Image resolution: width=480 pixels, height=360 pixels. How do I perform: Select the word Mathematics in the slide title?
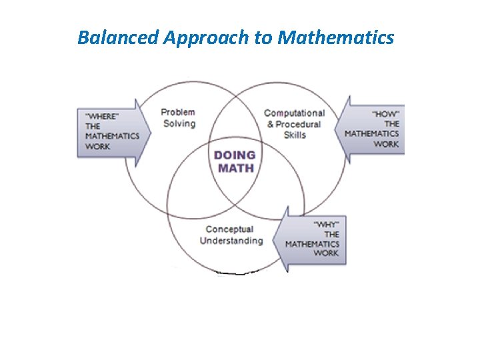[335, 37]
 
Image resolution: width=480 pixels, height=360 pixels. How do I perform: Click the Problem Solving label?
[178, 118]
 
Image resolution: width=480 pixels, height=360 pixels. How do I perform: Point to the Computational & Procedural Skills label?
[294, 124]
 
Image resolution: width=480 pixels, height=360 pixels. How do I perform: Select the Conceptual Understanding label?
[231, 235]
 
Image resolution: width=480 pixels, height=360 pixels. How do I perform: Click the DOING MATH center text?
[235, 161]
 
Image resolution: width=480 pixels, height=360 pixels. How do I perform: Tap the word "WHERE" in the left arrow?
[104, 116]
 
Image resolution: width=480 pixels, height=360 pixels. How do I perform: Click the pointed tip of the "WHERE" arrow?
[151, 131]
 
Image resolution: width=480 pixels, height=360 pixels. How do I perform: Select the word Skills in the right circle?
[294, 135]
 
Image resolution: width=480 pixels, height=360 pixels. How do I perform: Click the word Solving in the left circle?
[178, 123]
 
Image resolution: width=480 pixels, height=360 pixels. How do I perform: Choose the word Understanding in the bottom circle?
[231, 241]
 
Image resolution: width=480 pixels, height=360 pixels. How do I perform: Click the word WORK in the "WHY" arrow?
[326, 253]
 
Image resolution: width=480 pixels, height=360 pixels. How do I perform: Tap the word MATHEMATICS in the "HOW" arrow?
[371, 133]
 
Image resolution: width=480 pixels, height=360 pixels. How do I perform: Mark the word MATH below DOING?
[235, 168]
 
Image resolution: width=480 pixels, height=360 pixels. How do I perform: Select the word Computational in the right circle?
[294, 113]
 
